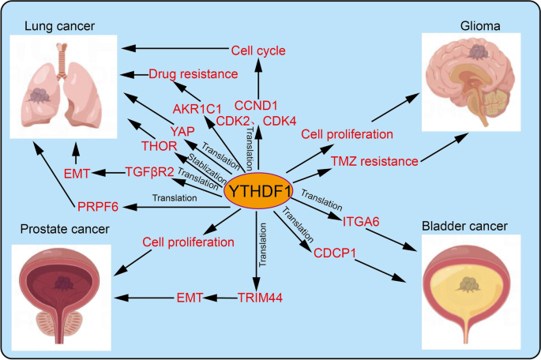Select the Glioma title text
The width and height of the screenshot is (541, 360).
click(479, 27)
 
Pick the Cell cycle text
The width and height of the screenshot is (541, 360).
click(257, 51)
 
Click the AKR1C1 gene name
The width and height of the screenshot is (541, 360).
click(197, 108)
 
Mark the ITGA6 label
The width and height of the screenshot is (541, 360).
click(363, 222)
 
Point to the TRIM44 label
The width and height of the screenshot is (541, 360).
click(260, 298)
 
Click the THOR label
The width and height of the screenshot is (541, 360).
click(158, 146)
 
